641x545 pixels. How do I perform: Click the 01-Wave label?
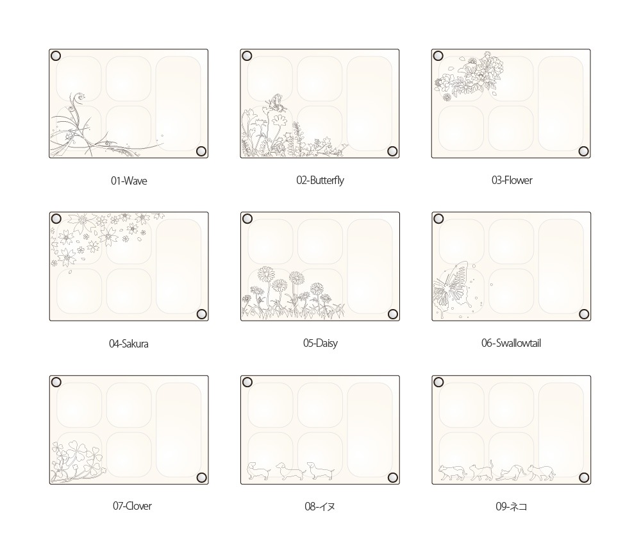[129, 181]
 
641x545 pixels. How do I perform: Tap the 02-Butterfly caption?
[320, 180]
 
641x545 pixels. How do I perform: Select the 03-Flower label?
[512, 180]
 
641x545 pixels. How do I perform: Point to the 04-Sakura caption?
[128, 344]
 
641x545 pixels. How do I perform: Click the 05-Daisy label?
[320, 343]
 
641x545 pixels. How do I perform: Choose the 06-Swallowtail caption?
[511, 343]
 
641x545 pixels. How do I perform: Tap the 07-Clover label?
[132, 506]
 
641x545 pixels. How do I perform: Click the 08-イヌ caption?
[320, 507]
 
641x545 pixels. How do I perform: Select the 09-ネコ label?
[511, 507]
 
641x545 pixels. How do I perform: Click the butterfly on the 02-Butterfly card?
[277, 102]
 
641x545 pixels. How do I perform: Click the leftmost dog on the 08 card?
[259, 471]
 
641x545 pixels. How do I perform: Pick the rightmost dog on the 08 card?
[321, 471]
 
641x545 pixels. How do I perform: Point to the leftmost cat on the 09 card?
[452, 472]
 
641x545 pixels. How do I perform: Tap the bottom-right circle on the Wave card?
[201, 151]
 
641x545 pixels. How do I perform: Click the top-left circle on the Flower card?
[438, 56]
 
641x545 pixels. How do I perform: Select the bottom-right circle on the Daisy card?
[392, 314]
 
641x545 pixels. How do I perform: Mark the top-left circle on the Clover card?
[56, 382]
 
